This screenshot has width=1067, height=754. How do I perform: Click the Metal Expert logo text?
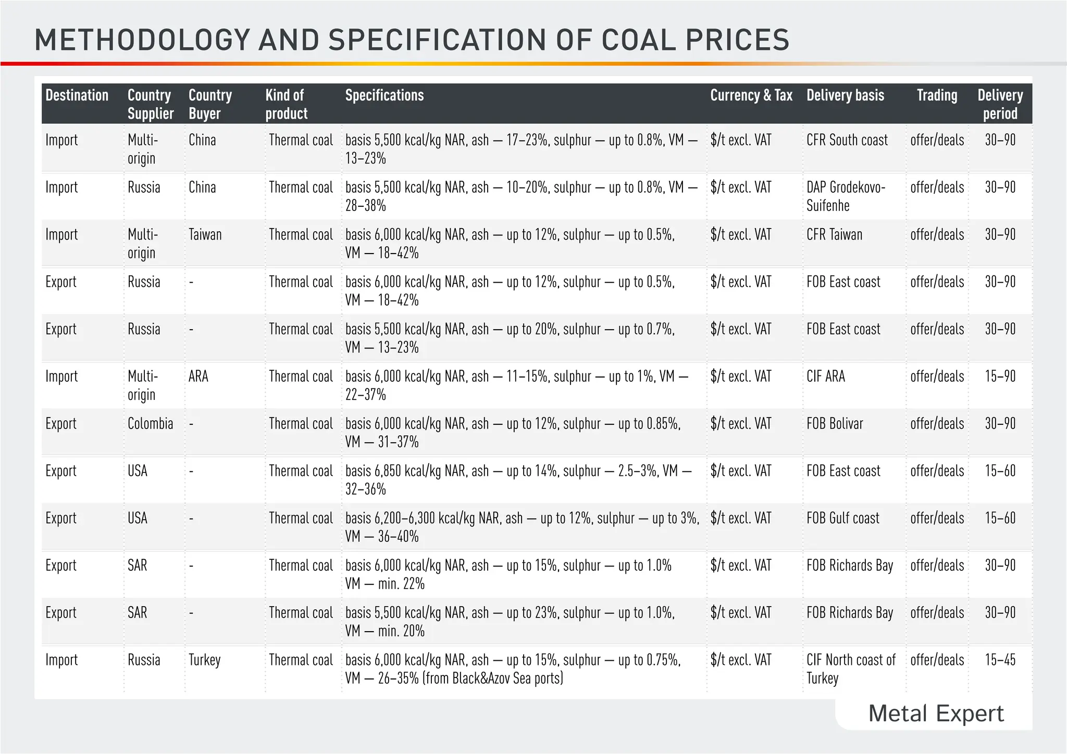pyautogui.click(x=936, y=713)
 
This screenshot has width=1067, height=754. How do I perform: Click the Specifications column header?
pyautogui.click(x=384, y=95)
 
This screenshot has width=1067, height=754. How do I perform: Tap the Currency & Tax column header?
pyautogui.click(x=751, y=95)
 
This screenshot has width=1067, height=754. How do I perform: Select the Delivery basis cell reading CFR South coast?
pyautogui.click(x=847, y=140)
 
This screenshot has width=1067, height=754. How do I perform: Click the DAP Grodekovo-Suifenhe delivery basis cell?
pyautogui.click(x=845, y=196)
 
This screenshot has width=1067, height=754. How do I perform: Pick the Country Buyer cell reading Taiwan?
pyautogui.click(x=205, y=235)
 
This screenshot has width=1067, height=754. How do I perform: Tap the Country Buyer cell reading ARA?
pyautogui.click(x=198, y=376)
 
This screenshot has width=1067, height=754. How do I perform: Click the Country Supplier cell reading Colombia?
pyautogui.click(x=150, y=424)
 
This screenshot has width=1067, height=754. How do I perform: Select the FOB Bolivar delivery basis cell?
pyautogui.click(x=835, y=424)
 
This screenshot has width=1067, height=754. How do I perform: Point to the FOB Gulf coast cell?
pyautogui.click(x=842, y=518)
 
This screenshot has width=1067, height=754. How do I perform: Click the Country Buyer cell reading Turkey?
pyautogui.click(x=204, y=660)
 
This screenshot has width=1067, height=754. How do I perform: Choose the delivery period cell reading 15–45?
pyautogui.click(x=1000, y=660)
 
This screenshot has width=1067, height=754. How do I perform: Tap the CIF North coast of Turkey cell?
pyautogui.click(x=850, y=669)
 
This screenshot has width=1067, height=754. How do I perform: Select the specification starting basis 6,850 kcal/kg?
pyautogui.click(x=518, y=480)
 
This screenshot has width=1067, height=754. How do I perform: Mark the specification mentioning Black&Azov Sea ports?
pyautogui.click(x=513, y=669)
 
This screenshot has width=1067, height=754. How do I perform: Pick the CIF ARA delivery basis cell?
pyautogui.click(x=826, y=376)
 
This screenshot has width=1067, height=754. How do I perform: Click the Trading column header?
pyautogui.click(x=937, y=95)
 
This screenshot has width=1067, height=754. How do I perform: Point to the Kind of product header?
pyautogui.click(x=286, y=104)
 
